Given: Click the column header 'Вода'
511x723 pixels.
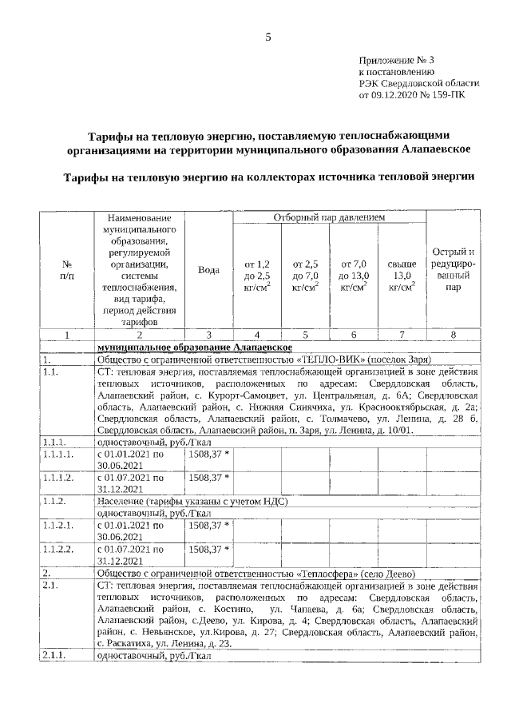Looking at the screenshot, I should click(208, 270).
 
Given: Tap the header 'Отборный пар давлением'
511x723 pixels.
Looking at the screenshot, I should click(329, 217).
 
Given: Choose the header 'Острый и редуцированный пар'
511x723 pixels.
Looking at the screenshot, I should click(453, 270).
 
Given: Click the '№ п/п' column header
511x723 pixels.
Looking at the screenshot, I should click(66, 270).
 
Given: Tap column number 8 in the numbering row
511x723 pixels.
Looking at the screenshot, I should click(453, 334).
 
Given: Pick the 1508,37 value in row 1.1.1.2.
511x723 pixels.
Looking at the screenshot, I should click(208, 478).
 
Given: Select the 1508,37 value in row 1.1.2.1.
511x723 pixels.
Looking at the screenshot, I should click(208, 526).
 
